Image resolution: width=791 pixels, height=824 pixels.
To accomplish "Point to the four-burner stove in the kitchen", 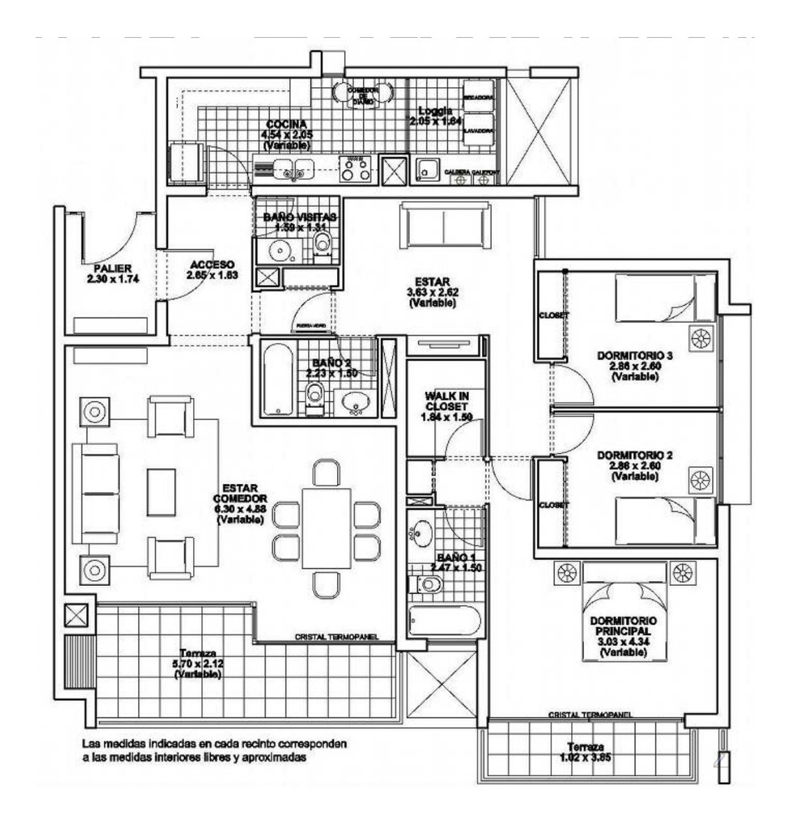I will click(x=356, y=169).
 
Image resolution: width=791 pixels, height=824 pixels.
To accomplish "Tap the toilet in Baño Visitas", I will click(x=321, y=242).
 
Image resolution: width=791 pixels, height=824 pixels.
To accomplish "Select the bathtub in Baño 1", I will click(x=443, y=621).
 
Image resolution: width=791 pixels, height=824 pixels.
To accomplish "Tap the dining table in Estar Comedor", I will click(x=326, y=527).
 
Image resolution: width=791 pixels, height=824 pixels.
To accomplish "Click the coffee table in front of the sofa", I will click(x=161, y=492).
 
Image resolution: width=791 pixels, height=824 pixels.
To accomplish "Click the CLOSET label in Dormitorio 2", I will click(x=554, y=505).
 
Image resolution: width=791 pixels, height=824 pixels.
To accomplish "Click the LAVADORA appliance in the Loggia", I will click(x=479, y=130).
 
